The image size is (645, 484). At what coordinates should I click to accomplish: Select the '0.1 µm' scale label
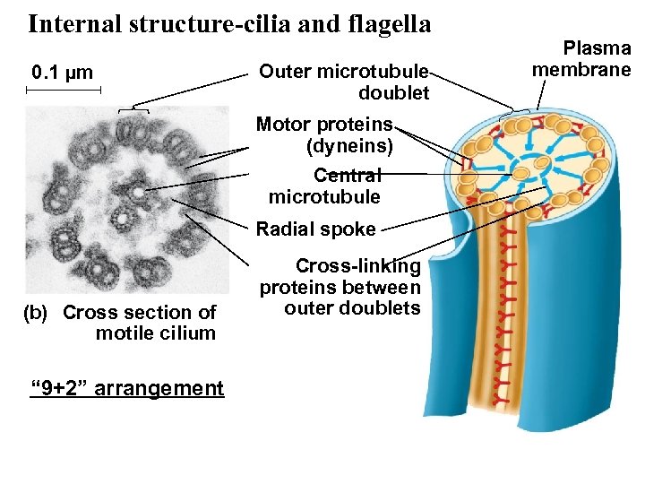(63, 73)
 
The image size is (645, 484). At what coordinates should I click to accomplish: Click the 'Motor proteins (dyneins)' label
(325, 134)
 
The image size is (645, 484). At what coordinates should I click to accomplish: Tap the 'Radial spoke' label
(316, 229)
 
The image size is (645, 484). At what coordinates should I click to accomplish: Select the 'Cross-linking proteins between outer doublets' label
(341, 287)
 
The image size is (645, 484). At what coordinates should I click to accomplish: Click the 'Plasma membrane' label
(582, 59)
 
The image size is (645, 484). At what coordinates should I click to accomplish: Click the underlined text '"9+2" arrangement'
(127, 388)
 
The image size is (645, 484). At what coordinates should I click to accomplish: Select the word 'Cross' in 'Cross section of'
(89, 313)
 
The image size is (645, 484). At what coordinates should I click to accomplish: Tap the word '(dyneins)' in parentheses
(349, 143)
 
